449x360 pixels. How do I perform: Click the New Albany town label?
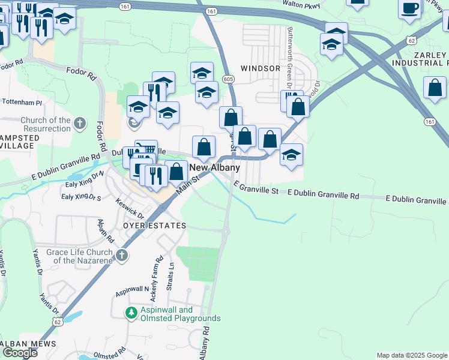214,168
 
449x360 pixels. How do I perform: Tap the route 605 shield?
228,79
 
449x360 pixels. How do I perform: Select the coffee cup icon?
410,9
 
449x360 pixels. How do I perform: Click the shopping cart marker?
146,149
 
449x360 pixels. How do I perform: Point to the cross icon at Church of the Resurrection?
80,124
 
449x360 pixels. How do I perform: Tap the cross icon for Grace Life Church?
122,256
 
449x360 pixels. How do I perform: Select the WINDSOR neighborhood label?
261,68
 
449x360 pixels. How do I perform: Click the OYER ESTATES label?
154,225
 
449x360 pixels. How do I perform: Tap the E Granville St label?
256,190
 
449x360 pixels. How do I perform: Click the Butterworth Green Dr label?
289,57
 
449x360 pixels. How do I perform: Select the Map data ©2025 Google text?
411,355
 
